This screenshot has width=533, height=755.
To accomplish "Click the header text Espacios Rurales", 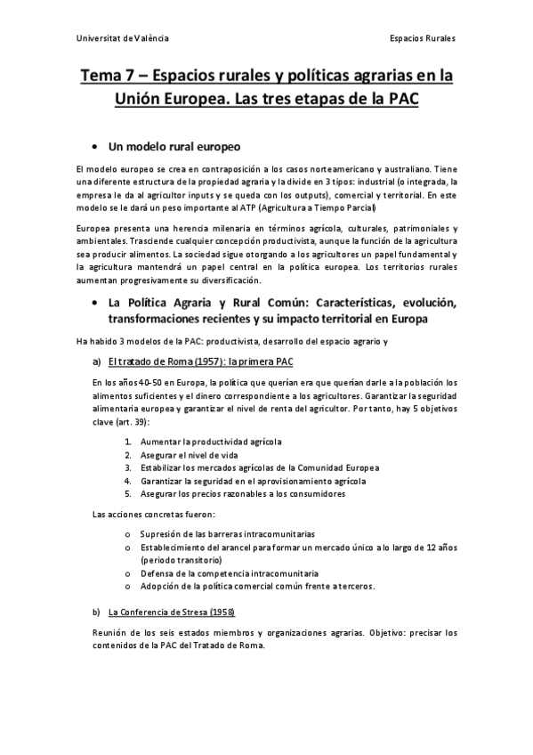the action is [x=423, y=39].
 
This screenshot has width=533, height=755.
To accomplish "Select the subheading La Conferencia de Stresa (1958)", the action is [x=171, y=613].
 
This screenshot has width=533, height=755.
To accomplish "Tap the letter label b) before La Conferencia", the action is [x=96, y=613].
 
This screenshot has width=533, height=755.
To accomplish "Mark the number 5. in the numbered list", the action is [x=128, y=493].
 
